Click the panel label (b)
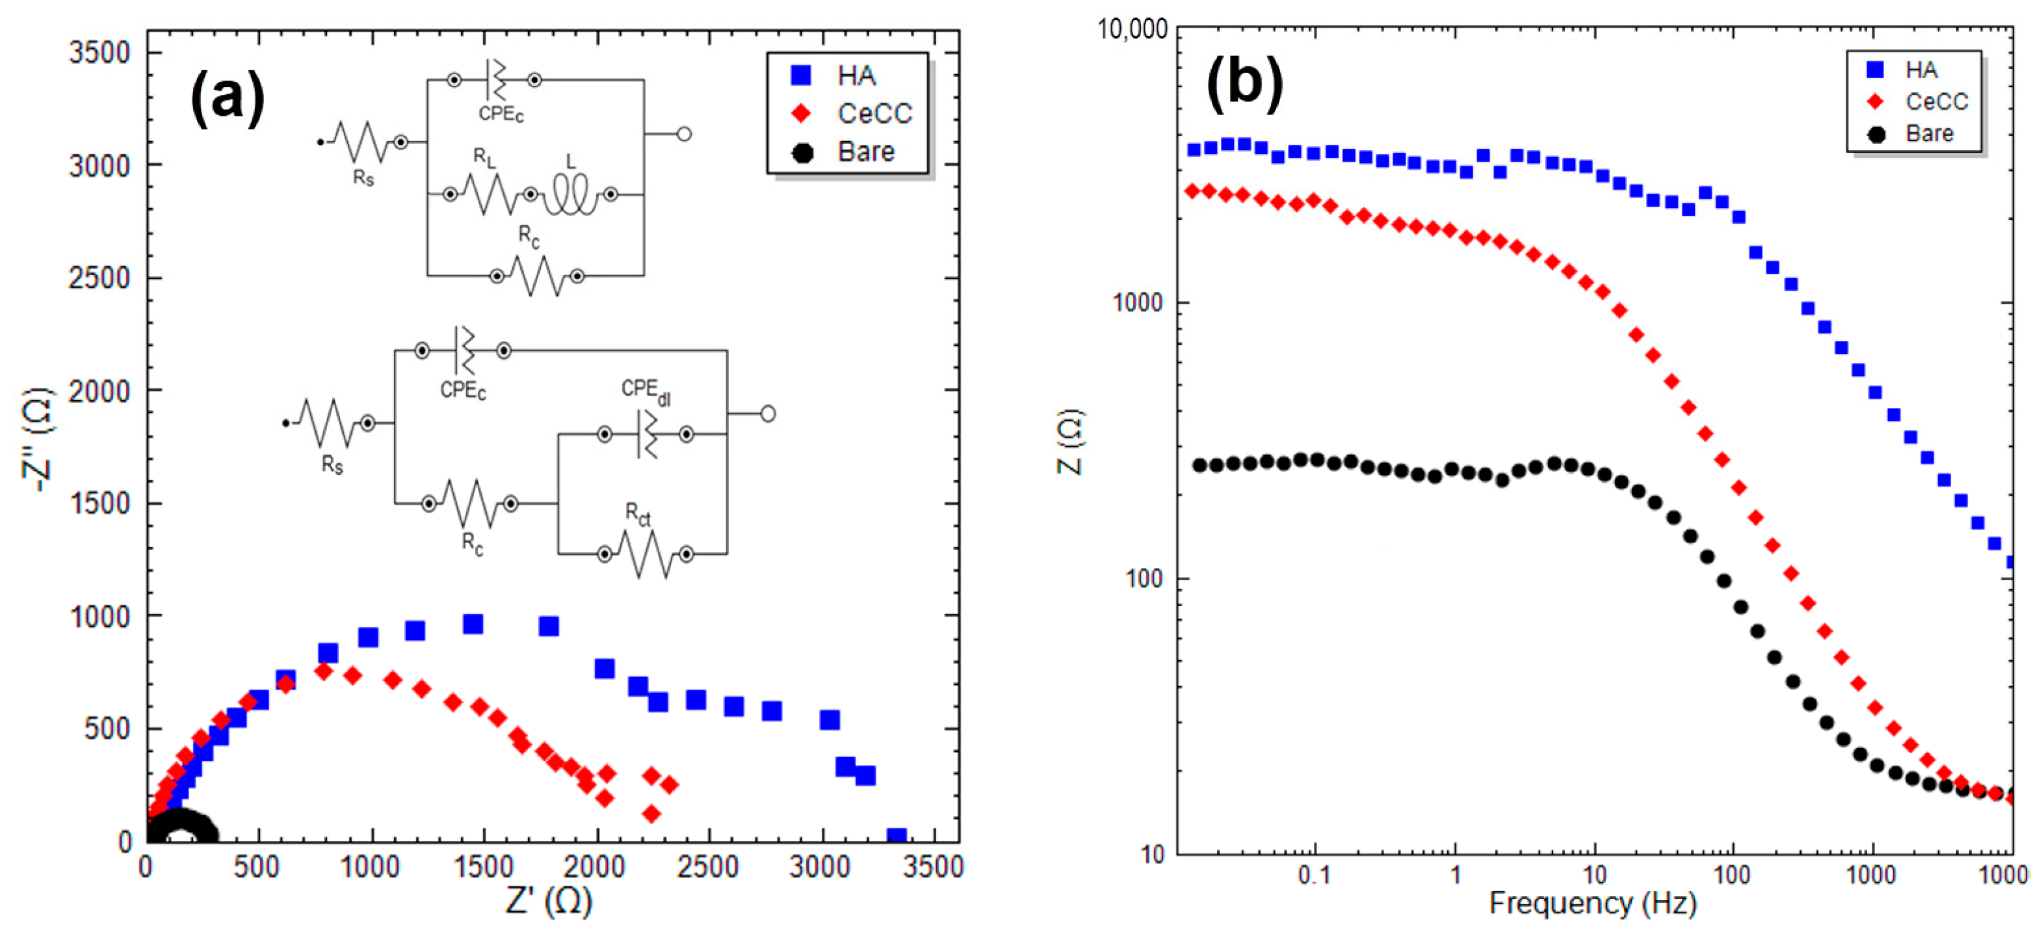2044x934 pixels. point(1244,79)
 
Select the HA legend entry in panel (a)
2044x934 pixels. point(854,75)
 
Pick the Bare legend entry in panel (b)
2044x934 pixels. point(1928,133)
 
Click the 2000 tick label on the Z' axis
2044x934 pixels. point(594,866)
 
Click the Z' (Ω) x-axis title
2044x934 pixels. point(548,901)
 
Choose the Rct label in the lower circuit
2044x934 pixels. point(637,515)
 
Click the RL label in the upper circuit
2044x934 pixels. point(484,157)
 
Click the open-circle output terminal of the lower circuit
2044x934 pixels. point(767,414)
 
